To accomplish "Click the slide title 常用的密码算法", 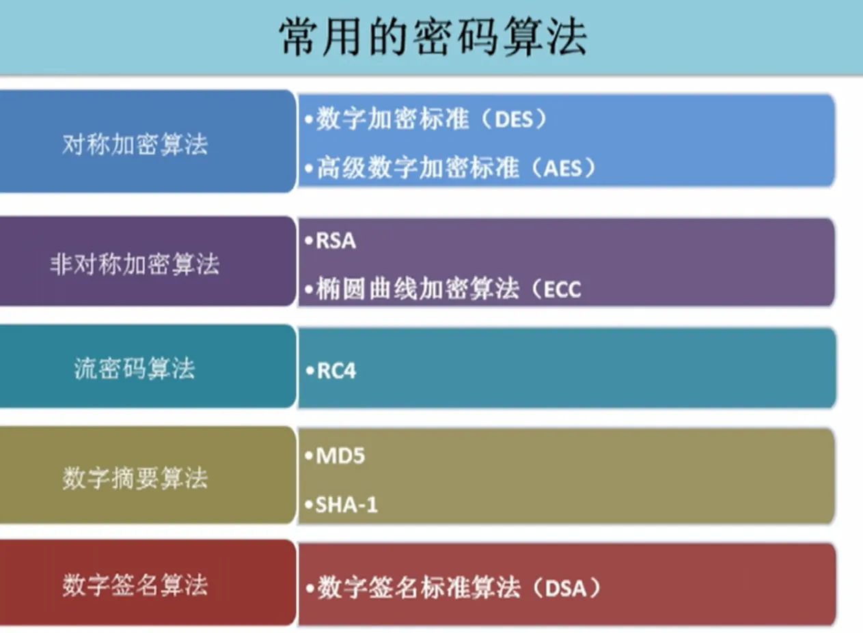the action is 433,37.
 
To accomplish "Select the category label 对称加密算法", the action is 135,144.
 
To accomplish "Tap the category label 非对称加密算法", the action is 135,264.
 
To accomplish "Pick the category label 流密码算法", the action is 135,369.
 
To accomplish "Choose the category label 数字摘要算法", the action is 135,478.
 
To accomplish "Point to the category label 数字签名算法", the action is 135,585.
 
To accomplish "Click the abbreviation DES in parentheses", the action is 514,119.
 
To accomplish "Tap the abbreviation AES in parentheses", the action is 563,169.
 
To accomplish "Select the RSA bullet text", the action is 335,241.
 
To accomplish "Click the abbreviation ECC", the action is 562,290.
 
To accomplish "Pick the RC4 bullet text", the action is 336,371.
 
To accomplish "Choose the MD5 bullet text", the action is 340,456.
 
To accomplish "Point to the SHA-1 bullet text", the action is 346,505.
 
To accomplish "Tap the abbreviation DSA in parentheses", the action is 566,589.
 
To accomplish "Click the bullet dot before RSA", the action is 309,241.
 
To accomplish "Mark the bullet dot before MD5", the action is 309,456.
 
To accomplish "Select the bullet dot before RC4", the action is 310,371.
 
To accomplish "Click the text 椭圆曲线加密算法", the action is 417,289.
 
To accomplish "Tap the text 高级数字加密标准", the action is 418,168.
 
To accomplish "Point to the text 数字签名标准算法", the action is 419,588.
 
